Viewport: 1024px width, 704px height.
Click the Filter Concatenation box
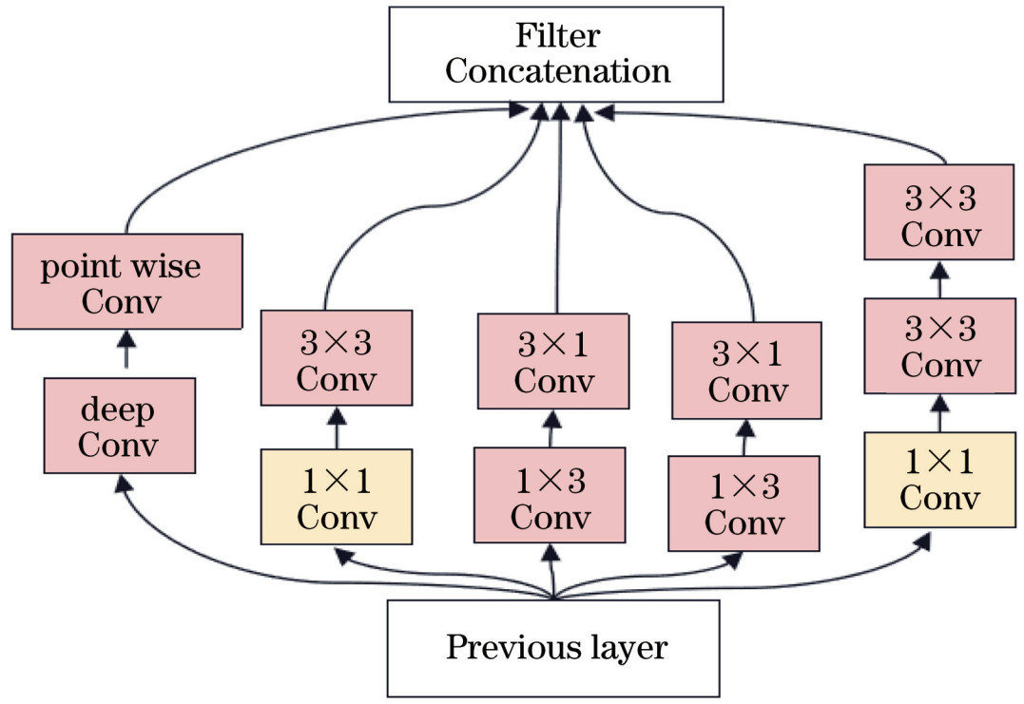[x=557, y=54]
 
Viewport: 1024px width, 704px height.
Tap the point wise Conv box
[x=127, y=282]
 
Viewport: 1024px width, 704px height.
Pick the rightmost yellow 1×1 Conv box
[x=938, y=479]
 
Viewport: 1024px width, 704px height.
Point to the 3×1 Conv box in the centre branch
[x=551, y=362]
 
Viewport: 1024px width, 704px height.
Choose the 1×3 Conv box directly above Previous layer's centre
[x=551, y=495]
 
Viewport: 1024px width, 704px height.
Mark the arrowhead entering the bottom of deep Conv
[x=122, y=484]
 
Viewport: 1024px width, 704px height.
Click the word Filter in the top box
[x=558, y=36]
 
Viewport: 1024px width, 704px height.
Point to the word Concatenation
[x=557, y=71]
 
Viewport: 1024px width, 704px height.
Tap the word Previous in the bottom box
[x=501, y=648]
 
